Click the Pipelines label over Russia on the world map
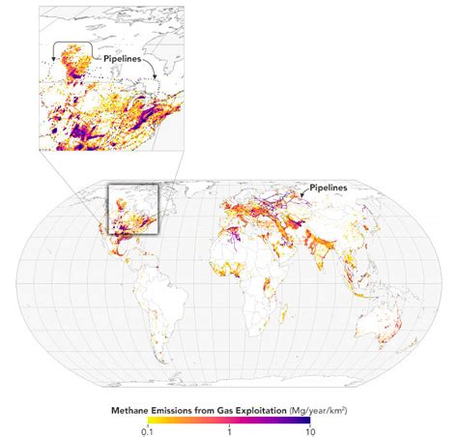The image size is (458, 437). tap(329, 187)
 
